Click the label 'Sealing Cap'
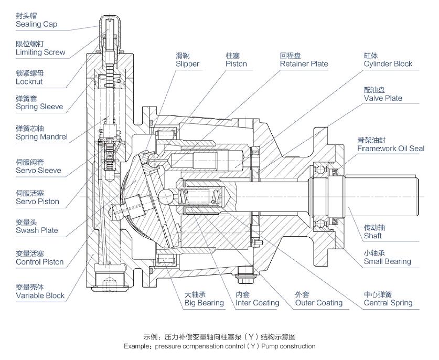point(36,25)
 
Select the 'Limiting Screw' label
point(40,52)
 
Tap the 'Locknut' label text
point(29,82)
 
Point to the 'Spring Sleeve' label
point(39,107)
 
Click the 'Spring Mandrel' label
point(41,137)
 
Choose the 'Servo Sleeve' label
point(38,171)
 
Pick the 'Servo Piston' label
point(37,202)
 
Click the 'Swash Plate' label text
point(37,230)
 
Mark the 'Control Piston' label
point(39,262)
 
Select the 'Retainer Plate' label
point(304,64)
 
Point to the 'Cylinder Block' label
point(388,64)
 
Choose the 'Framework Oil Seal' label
point(391,149)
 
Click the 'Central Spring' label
point(388,303)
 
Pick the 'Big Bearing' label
point(204,303)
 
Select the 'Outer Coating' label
point(318,303)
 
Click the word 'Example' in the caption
point(137,346)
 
